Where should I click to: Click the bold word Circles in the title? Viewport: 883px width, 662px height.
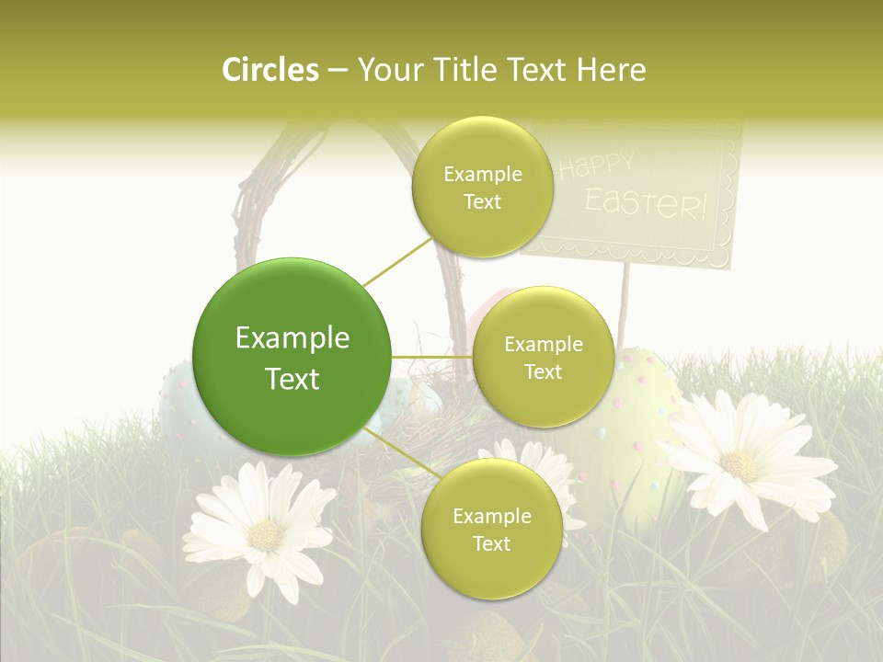(x=270, y=70)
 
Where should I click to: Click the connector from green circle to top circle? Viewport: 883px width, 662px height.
(x=396, y=262)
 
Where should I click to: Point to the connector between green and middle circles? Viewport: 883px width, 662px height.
(x=432, y=357)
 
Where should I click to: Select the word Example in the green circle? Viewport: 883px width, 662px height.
(x=292, y=338)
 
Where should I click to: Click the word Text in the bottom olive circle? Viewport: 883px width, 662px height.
(x=491, y=544)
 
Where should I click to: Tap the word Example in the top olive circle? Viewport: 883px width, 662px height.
(x=482, y=175)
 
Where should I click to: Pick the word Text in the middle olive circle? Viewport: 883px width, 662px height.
(x=543, y=372)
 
